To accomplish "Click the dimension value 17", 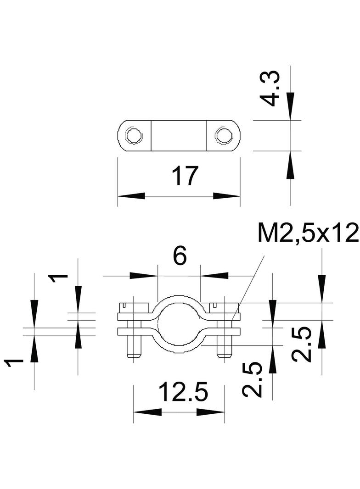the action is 185,176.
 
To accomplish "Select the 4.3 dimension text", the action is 270,89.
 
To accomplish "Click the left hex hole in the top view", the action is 134,136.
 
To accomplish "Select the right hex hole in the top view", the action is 224,136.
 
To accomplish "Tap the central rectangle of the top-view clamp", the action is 179,136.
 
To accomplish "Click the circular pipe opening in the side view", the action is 179,324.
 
